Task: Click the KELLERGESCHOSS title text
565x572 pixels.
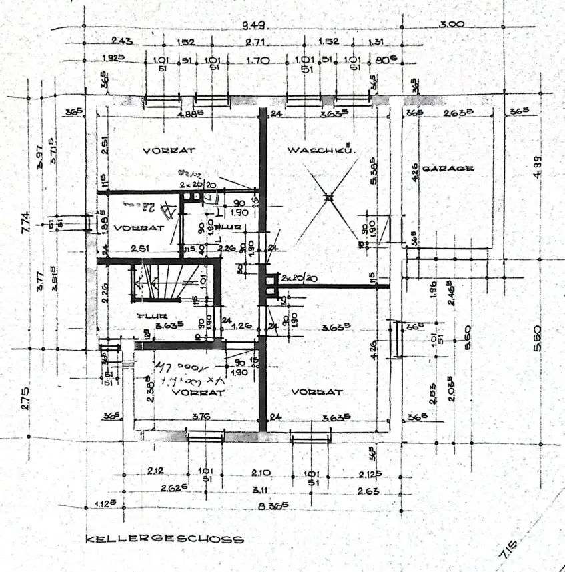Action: pyautogui.click(x=164, y=539)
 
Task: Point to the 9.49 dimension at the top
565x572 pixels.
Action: pyautogui.click(x=251, y=25)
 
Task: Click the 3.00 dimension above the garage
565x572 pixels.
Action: pyautogui.click(x=452, y=25)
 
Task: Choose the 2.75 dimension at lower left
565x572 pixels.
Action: pyautogui.click(x=25, y=397)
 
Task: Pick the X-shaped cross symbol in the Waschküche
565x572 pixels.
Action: pyautogui.click(x=328, y=197)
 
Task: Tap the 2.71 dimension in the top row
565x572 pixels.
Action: pyautogui.click(x=255, y=42)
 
